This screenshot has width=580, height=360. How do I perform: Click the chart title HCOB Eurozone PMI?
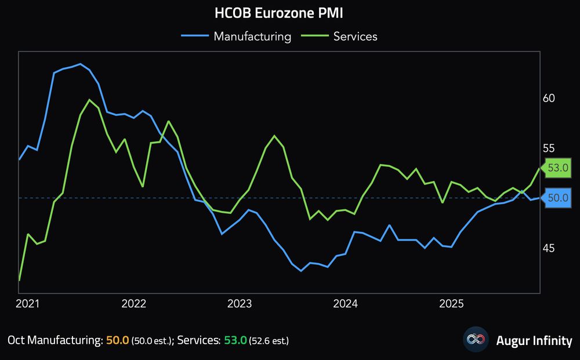pos(274,13)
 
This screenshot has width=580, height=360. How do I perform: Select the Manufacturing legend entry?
pos(252,37)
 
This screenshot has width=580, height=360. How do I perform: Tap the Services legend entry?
pos(355,37)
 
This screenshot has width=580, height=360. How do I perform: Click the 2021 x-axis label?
pos(28,303)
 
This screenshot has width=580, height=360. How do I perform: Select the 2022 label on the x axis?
pos(134,303)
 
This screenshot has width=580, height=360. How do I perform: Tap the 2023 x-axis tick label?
pos(240,303)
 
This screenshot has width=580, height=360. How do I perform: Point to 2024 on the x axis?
pos(346,303)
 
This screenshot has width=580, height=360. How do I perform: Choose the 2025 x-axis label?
pos(451,303)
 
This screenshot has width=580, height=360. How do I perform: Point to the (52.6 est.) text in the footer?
pos(269,341)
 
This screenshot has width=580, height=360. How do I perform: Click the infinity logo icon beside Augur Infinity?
pos(476,340)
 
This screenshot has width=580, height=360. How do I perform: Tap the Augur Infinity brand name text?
pos(534,340)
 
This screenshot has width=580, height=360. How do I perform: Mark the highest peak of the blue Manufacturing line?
pos(80,64)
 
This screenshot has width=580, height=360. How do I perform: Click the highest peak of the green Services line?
pos(89,100)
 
